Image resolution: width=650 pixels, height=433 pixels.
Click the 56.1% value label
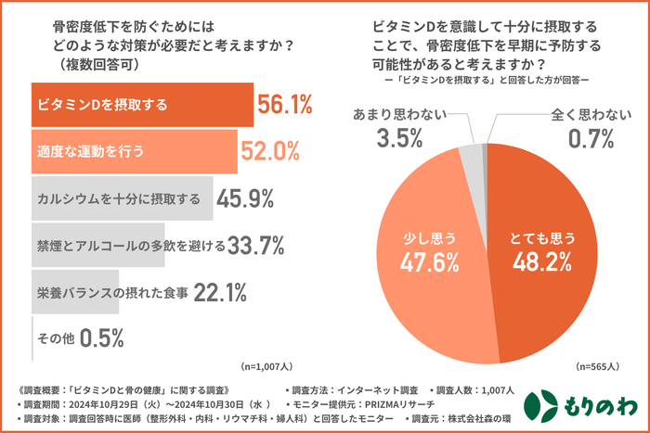[284, 105]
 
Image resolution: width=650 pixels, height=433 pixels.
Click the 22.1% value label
[220, 292]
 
